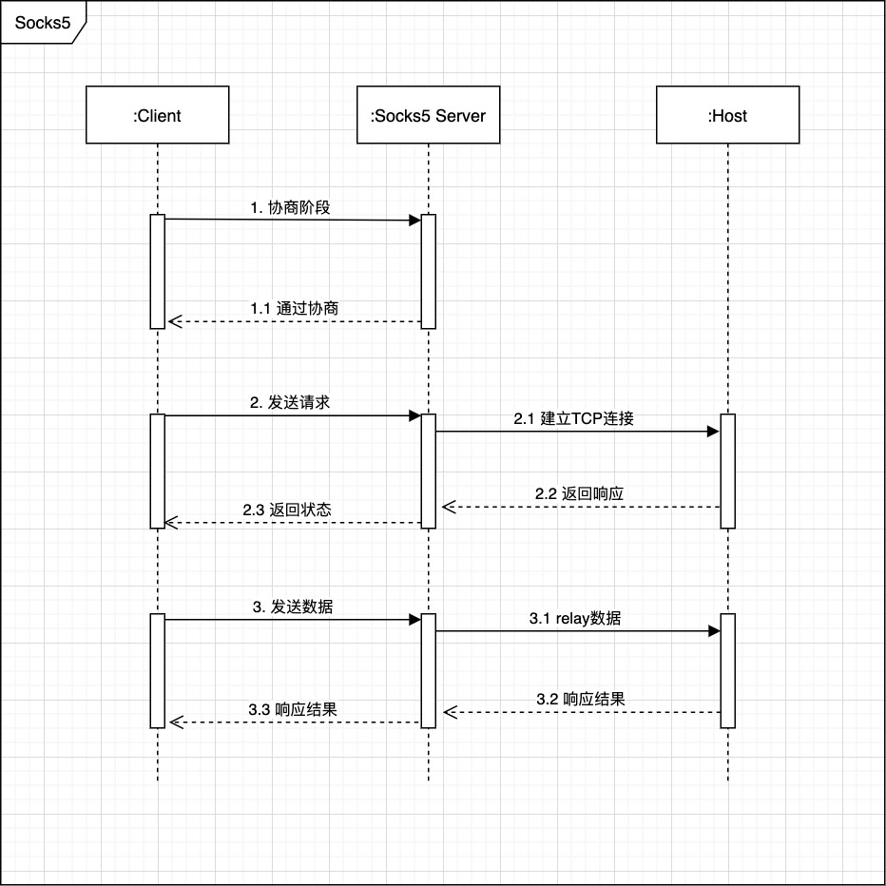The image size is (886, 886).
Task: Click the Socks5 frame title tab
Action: (43, 23)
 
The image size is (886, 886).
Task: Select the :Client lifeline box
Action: (157, 116)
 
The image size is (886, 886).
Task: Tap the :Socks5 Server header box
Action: (428, 116)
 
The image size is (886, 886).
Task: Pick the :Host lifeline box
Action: (727, 116)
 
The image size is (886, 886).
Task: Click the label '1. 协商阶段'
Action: (290, 207)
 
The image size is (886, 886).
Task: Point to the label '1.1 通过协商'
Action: (294, 309)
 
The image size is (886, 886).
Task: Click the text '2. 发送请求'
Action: (290, 402)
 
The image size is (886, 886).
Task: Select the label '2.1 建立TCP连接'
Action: (573, 417)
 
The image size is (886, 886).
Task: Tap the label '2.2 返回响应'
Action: (579, 493)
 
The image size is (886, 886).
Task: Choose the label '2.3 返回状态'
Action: (286, 510)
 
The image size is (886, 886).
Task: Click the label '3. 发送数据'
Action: (292, 607)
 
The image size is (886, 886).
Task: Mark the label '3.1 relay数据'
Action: (575, 618)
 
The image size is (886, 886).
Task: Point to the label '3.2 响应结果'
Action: (580, 699)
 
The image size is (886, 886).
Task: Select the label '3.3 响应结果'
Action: (292, 709)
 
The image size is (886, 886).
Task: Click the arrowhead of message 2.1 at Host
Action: (713, 432)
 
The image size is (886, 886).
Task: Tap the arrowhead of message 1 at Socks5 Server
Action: (414, 221)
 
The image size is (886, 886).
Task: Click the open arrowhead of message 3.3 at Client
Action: (173, 722)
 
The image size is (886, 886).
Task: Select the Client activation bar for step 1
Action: (157, 271)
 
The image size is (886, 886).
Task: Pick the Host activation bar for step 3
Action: (727, 670)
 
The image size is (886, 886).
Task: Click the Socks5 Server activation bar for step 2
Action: (428, 471)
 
